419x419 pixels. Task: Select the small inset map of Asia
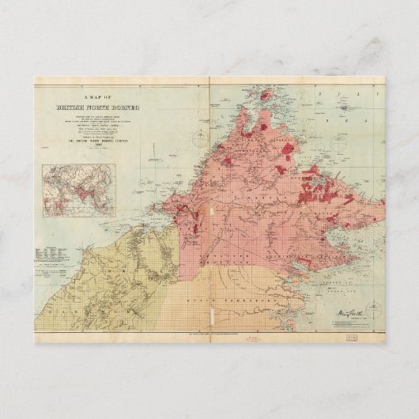click(79, 190)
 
